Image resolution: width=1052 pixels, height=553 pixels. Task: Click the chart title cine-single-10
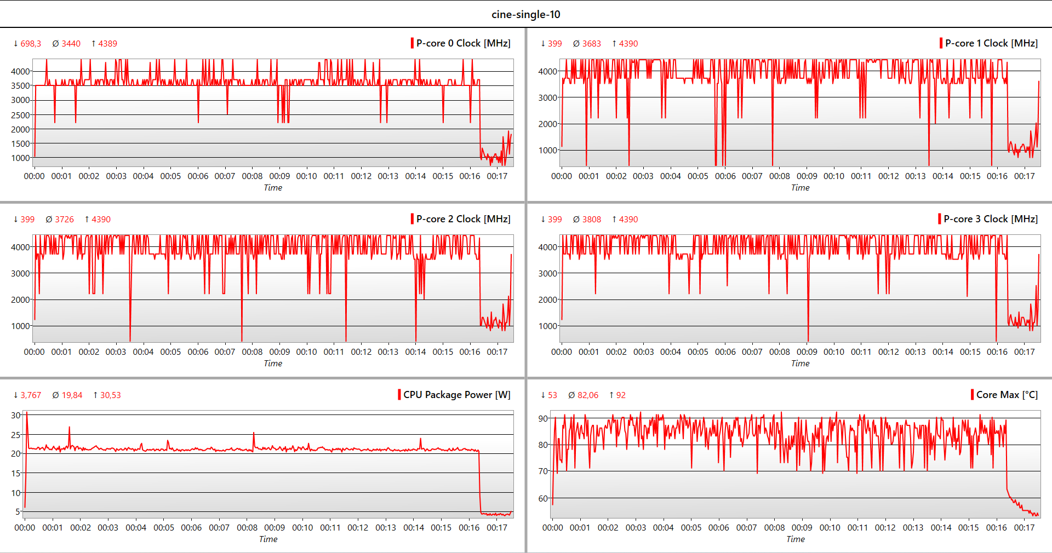[525, 14]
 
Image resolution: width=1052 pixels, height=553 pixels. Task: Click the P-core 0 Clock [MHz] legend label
[463, 43]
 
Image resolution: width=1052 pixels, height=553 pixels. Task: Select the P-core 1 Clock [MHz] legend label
[991, 43]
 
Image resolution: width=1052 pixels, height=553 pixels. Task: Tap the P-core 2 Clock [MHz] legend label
[463, 219]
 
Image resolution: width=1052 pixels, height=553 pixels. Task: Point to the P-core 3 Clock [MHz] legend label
[990, 219]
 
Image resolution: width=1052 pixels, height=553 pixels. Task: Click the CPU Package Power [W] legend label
[456, 395]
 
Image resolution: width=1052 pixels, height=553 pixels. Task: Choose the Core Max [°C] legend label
[1007, 395]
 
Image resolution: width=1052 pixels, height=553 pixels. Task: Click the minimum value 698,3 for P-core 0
[31, 44]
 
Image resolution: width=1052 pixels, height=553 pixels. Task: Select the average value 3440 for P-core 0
[71, 44]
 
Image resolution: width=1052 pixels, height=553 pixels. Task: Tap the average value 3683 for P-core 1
[591, 44]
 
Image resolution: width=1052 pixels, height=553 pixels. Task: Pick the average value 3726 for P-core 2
[64, 220]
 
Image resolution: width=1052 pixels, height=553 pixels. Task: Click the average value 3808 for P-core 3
[591, 220]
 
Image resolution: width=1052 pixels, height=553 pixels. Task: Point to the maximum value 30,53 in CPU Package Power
[110, 395]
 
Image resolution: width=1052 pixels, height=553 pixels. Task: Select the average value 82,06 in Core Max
[587, 395]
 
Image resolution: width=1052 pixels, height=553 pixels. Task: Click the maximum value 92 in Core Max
[621, 395]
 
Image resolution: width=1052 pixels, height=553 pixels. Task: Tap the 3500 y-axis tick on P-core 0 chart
[20, 85]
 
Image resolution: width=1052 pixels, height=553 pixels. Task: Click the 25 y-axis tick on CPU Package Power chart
[16, 435]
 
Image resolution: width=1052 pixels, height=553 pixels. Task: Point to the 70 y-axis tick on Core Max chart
[543, 471]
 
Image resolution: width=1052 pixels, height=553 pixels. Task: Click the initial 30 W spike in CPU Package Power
[27, 414]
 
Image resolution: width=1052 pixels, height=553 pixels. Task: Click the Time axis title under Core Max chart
[795, 539]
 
